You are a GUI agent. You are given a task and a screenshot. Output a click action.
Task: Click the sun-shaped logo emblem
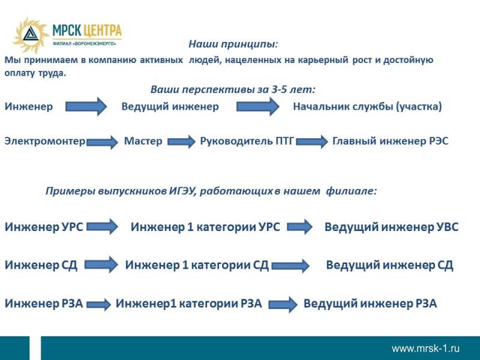tap(31, 35)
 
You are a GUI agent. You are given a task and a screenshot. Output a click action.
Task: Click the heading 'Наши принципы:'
tap(233, 44)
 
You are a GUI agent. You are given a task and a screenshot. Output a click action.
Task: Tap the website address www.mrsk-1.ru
tap(425, 348)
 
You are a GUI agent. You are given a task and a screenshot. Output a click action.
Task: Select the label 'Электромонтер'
tap(45, 141)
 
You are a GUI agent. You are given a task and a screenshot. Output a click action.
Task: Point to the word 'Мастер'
tap(143, 141)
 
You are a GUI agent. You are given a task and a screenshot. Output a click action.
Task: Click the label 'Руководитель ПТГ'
tap(247, 141)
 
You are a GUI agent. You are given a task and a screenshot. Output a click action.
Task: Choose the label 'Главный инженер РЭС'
tap(391, 141)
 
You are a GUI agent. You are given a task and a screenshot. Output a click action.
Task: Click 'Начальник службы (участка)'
tap(367, 107)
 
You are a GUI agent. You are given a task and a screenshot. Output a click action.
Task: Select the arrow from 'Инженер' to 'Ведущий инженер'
tap(86, 107)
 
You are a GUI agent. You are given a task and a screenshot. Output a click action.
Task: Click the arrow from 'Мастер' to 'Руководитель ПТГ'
tap(181, 142)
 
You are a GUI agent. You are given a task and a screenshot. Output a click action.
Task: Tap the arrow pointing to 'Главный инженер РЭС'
tap(311, 142)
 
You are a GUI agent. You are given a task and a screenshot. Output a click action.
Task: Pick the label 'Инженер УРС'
tap(44, 227)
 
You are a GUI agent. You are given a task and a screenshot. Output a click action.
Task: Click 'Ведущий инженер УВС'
tap(392, 227)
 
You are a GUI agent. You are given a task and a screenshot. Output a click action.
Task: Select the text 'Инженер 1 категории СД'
tap(197, 265)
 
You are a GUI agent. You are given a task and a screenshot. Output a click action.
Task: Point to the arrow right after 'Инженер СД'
tap(101, 265)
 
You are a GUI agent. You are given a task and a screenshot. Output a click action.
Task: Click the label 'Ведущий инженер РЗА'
tap(370, 304)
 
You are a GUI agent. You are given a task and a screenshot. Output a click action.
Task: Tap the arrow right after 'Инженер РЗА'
tap(98, 305)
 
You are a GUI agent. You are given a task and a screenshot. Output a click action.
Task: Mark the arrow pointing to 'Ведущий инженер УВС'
tap(299, 227)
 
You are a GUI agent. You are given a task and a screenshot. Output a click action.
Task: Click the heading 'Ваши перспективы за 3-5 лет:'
tap(233, 89)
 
